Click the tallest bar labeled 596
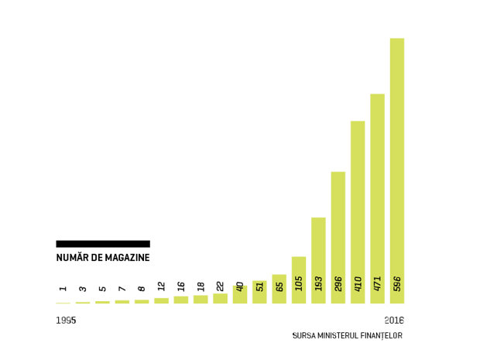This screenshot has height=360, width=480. pos(397,171)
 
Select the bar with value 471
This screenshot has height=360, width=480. pos(378,199)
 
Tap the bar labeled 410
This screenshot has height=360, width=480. pos(358,212)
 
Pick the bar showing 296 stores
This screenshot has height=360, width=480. pos(338,238)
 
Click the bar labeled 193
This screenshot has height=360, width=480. pos(318,260)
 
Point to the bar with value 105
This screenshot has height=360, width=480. pos(299,280)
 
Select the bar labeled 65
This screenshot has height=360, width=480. pos(279,289)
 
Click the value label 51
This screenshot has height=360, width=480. pos(259,286)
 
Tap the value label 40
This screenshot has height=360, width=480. pos(240,286)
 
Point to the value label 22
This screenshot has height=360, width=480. pos(220,286)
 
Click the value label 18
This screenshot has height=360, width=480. pos(201,286)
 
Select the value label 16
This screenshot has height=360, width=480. pos(181,286)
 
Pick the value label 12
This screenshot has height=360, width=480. pos(161,286)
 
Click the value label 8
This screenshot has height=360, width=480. pos(142,289)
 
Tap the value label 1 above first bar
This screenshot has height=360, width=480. pos(63,289)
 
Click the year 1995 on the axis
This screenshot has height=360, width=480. pos(66,321)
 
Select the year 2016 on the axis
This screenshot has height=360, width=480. pos(394,321)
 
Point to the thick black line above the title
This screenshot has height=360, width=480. pos(103,244)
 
